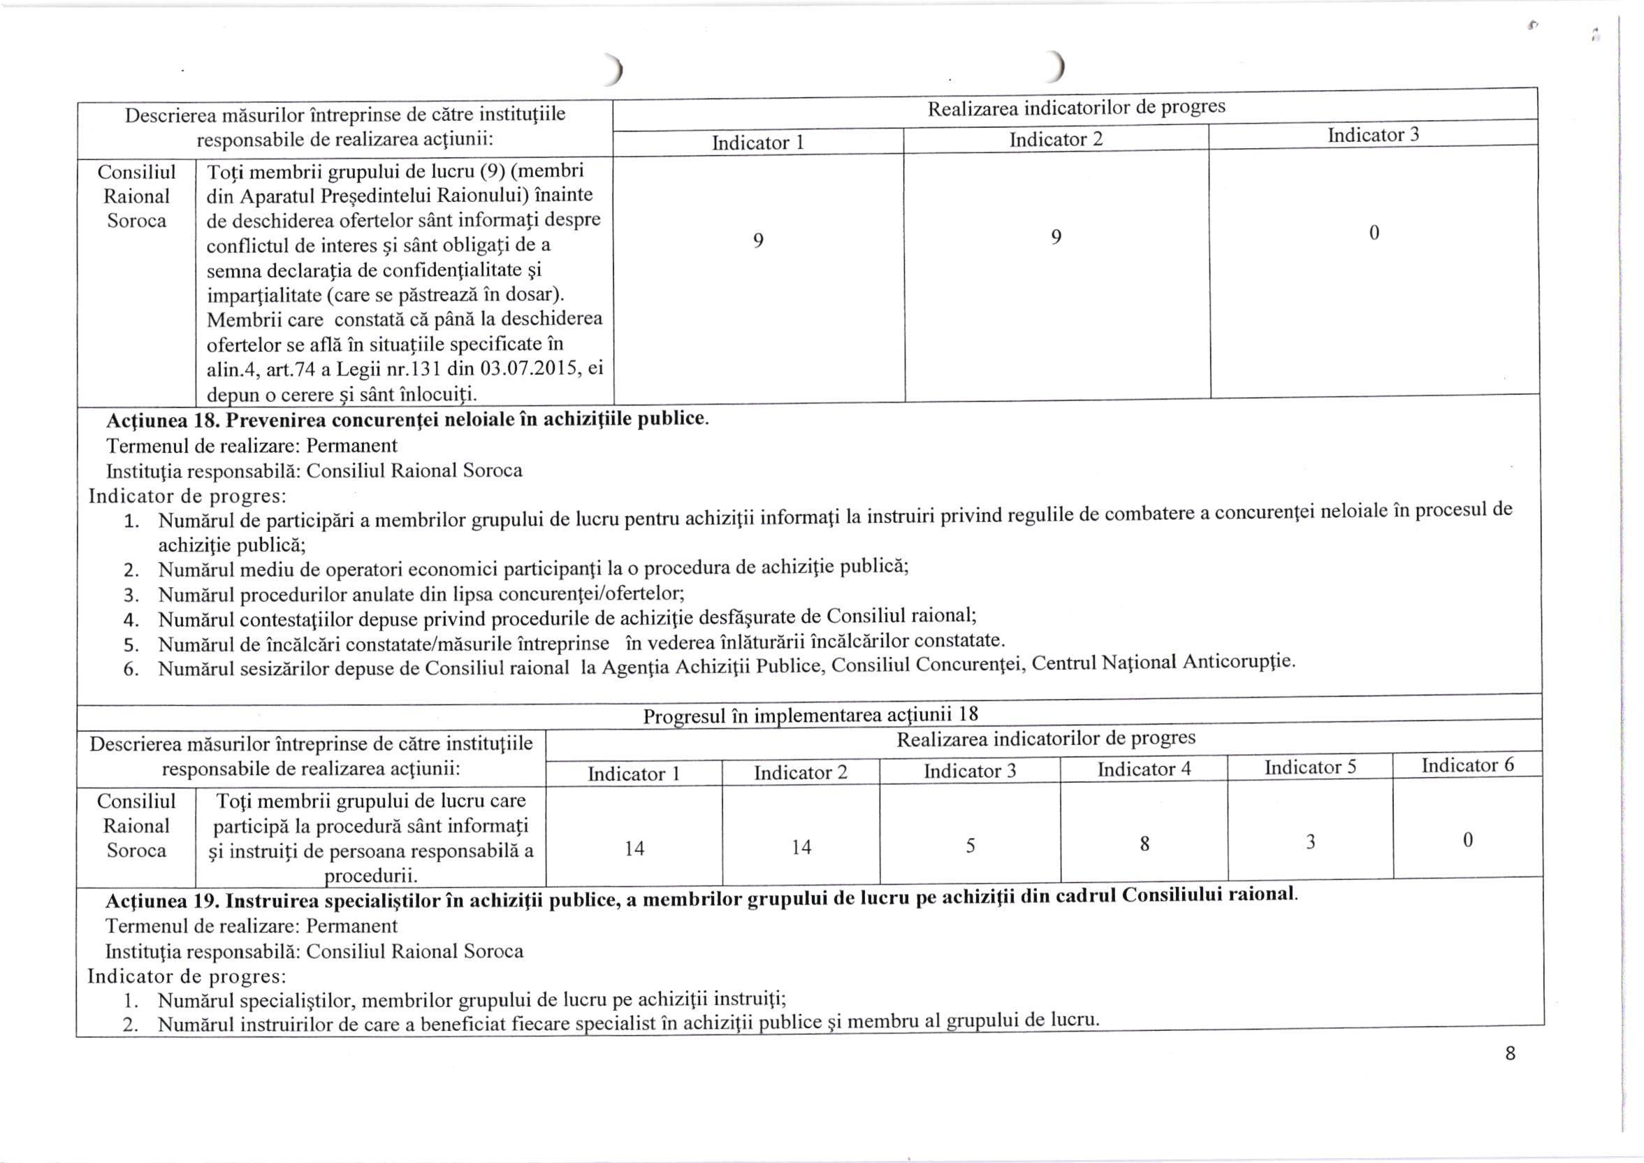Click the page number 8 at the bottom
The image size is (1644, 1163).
[1510, 1053]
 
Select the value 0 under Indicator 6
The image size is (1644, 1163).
[1467, 839]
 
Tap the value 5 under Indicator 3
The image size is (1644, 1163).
[970, 846]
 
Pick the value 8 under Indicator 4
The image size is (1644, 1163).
[1144, 844]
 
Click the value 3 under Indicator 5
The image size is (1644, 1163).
[1310, 842]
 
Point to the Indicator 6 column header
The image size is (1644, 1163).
[1467, 765]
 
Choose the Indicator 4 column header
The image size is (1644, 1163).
[1144, 769]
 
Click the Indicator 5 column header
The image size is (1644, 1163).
[1309, 767]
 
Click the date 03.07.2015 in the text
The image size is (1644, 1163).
[523, 370]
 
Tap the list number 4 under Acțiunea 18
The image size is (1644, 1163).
[131, 619]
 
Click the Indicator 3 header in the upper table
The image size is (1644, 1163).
[1373, 136]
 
